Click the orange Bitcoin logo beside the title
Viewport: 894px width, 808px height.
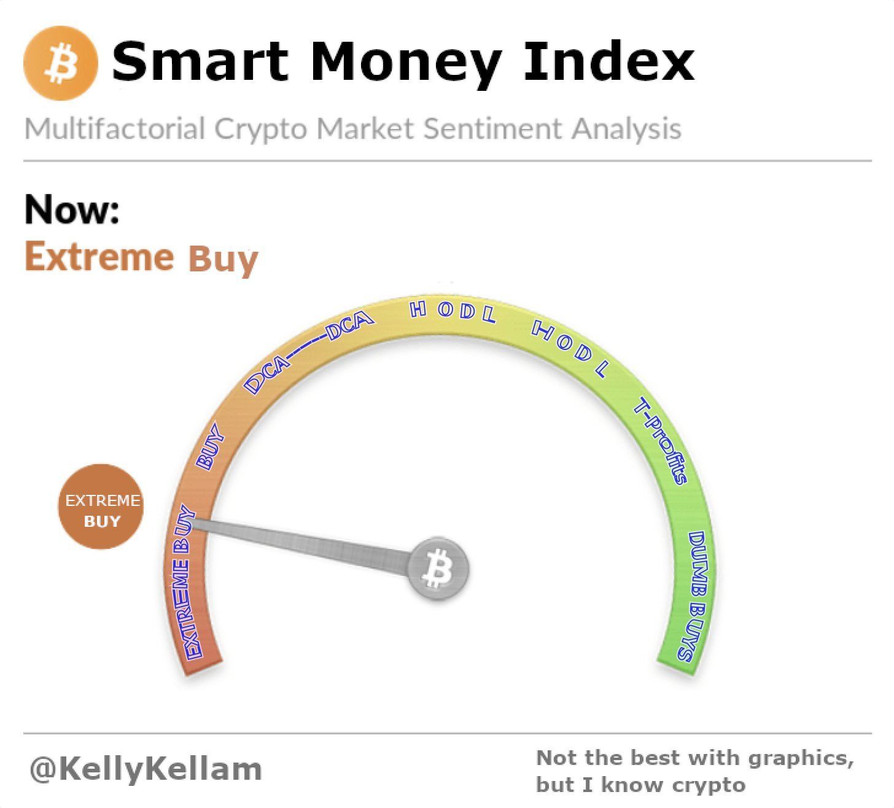(x=61, y=63)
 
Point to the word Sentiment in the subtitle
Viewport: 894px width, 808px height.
(x=494, y=129)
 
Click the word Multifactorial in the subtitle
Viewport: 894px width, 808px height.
(x=115, y=128)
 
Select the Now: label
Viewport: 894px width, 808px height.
(x=72, y=209)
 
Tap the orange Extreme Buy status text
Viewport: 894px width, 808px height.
(x=142, y=258)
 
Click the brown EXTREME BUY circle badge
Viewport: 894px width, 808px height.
(x=101, y=507)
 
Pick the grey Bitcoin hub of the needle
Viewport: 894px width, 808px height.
(x=438, y=569)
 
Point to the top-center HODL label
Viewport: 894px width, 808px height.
(x=453, y=311)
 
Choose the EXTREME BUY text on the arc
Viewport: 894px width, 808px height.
(x=186, y=581)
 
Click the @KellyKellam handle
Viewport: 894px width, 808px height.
(x=146, y=770)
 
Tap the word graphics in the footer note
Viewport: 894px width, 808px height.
(x=800, y=759)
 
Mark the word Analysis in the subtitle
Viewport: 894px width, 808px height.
(x=627, y=130)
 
